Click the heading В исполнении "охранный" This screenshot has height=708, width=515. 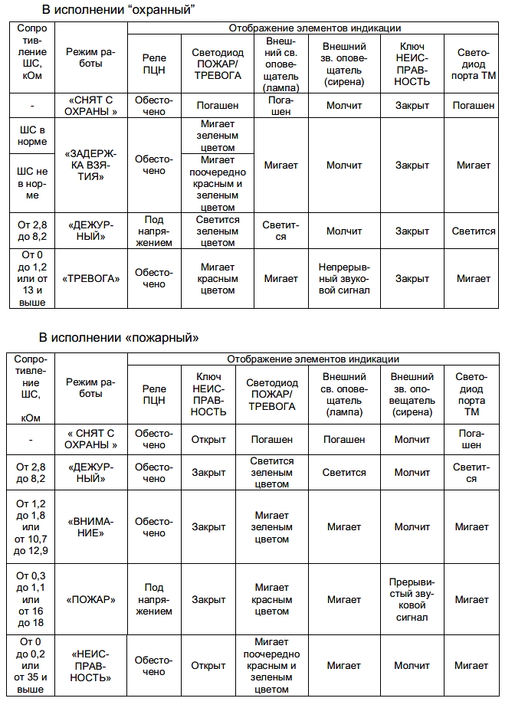click(118, 10)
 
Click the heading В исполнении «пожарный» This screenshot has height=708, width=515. click(120, 337)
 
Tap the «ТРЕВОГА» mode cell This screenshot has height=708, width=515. click(91, 278)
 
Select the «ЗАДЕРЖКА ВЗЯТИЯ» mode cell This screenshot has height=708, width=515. click(91, 165)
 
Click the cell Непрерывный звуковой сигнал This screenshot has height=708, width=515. click(344, 278)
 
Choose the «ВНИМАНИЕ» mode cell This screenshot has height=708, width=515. click(91, 527)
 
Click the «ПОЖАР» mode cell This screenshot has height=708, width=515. click(91, 599)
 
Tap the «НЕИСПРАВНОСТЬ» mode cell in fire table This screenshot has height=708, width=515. click(91, 666)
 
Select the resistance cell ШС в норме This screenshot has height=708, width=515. click(32, 136)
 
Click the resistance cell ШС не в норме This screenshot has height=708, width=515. click(32, 182)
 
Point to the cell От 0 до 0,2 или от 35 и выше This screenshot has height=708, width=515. click(31, 666)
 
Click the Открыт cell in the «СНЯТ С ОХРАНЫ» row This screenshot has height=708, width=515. click(208, 440)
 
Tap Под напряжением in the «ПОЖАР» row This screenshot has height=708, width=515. click(154, 599)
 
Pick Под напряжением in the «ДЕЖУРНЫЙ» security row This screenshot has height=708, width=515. click(154, 231)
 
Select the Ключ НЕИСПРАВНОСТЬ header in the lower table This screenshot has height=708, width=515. click(208, 395)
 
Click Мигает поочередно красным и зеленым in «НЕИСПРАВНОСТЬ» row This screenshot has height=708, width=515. click(271, 666)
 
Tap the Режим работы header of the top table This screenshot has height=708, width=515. click(91, 57)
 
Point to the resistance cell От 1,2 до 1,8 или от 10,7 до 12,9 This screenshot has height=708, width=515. click(31, 527)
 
